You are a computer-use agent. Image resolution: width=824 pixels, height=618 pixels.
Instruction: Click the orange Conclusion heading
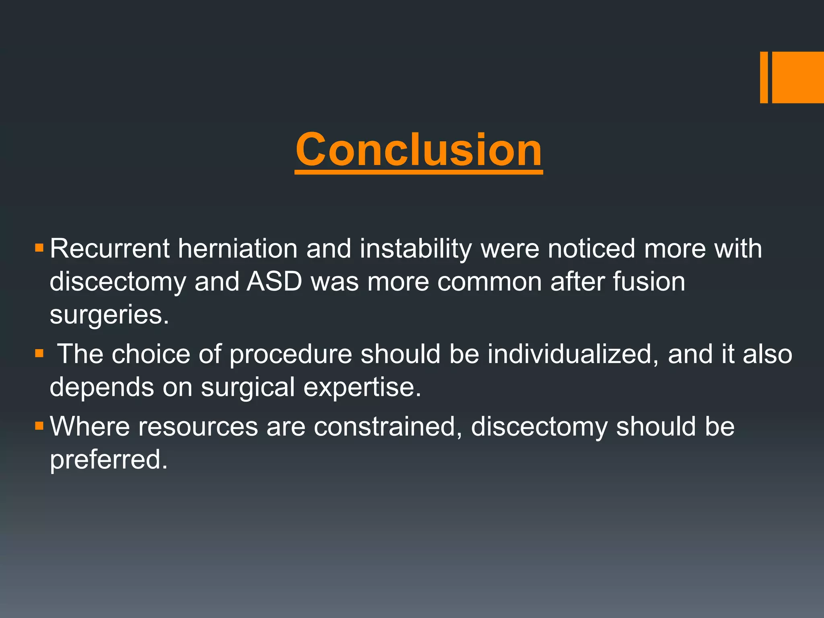pyautogui.click(x=418, y=150)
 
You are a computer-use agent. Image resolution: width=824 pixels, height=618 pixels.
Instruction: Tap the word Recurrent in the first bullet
pyautogui.click(x=109, y=249)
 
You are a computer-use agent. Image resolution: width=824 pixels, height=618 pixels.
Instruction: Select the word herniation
pyautogui.click(x=237, y=249)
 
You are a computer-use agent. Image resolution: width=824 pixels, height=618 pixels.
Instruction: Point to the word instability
pyautogui.click(x=415, y=249)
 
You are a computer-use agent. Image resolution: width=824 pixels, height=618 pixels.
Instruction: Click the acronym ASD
pyautogui.click(x=274, y=282)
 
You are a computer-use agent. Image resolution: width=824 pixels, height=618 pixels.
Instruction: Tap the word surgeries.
pyautogui.click(x=109, y=315)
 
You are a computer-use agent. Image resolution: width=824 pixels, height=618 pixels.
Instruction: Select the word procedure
pyautogui.click(x=290, y=354)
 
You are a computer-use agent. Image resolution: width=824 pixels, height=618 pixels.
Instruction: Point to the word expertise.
pyautogui.click(x=362, y=387)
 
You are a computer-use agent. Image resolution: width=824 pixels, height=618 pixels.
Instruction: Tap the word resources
pyautogui.click(x=198, y=426)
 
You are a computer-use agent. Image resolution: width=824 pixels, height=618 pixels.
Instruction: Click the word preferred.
pyautogui.click(x=108, y=459)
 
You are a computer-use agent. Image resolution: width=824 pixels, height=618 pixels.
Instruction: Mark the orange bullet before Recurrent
pyautogui.click(x=39, y=247)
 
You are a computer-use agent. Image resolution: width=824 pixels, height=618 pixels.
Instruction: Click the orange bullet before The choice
pyautogui.click(x=39, y=354)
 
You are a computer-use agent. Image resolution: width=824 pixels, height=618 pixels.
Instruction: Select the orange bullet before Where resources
pyautogui.click(x=39, y=426)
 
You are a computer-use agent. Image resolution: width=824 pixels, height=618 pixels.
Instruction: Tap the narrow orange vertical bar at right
pyautogui.click(x=764, y=77)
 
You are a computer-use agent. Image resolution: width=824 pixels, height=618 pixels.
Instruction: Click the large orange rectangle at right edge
pyautogui.click(x=798, y=77)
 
